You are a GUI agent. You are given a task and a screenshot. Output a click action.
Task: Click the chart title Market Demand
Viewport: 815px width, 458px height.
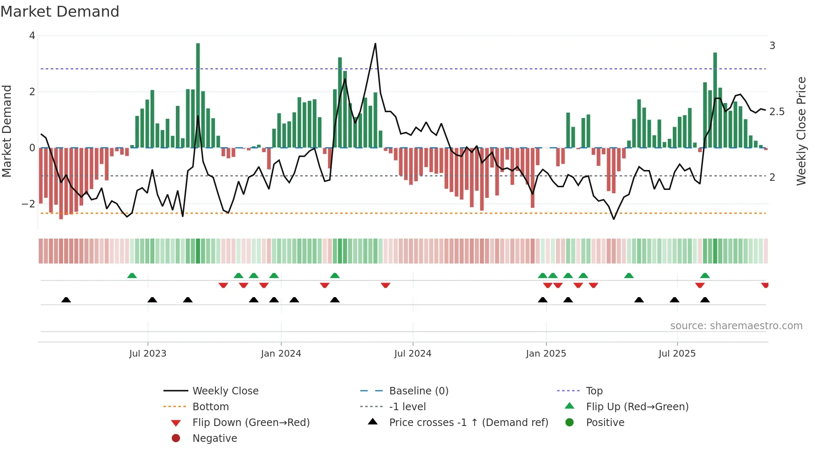pos(60,12)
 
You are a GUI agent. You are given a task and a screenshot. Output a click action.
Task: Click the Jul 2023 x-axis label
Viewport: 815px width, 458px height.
pos(148,354)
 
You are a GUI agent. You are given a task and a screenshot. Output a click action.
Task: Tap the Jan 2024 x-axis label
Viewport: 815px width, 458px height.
pos(281,354)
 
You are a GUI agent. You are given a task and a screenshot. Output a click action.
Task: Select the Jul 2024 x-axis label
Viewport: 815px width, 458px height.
pos(412,354)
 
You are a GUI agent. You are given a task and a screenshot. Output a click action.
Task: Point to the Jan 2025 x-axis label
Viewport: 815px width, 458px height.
pos(546,354)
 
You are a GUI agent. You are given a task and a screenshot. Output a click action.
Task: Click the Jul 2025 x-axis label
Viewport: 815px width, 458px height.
pos(677,354)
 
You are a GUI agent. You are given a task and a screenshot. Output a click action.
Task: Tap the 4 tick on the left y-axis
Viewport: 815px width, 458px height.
pos(32,36)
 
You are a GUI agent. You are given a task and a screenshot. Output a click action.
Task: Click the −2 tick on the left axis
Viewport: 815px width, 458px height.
pos(29,204)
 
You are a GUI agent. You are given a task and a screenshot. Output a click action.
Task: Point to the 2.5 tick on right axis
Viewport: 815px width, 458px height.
pos(777,112)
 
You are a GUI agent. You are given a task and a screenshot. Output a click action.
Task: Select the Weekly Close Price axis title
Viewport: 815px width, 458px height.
pos(801,131)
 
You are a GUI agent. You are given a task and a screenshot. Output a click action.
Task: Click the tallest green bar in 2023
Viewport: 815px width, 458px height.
pos(198,96)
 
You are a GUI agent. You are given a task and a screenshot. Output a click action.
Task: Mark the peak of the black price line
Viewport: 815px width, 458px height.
pos(375,44)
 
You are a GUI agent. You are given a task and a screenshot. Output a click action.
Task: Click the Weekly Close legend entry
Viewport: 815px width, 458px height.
pos(225,391)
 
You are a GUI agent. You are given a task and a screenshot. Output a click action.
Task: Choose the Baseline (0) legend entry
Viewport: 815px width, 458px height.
pos(418,391)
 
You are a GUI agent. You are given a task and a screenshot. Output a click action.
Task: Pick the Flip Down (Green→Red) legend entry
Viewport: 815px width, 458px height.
pos(251,423)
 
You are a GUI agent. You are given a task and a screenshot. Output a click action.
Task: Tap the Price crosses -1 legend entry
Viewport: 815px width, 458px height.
pos(468,423)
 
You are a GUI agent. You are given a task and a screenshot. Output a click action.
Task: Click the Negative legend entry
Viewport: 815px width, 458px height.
pos(215,438)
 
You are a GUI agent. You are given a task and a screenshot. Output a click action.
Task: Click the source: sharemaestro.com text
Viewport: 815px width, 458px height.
pos(736,326)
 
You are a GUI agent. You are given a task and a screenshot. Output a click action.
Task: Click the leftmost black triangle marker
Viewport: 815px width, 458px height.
pos(66,300)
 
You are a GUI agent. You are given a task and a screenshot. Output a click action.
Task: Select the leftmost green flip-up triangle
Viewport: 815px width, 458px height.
pos(132,276)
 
